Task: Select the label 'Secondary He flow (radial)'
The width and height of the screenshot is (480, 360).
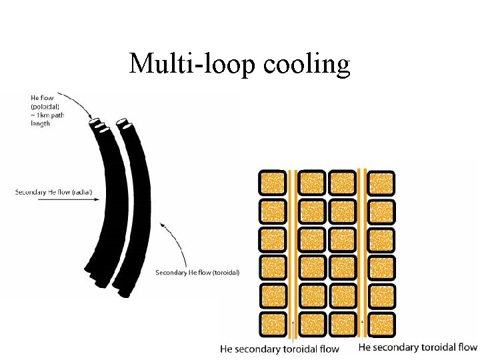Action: [x=54, y=193]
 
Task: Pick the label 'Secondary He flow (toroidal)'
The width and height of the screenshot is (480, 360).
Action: [x=197, y=272]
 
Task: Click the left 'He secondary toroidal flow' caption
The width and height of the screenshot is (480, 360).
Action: [x=279, y=349]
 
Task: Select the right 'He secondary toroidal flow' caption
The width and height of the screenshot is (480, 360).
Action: [x=418, y=347]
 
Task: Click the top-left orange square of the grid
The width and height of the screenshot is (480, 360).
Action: [x=271, y=183]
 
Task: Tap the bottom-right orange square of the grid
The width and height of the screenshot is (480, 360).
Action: [x=381, y=324]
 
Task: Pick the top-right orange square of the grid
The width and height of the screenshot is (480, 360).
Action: [x=381, y=183]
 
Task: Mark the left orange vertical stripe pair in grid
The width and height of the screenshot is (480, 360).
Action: [x=293, y=253]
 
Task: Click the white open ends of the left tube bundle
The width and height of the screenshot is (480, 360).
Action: [x=99, y=125]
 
